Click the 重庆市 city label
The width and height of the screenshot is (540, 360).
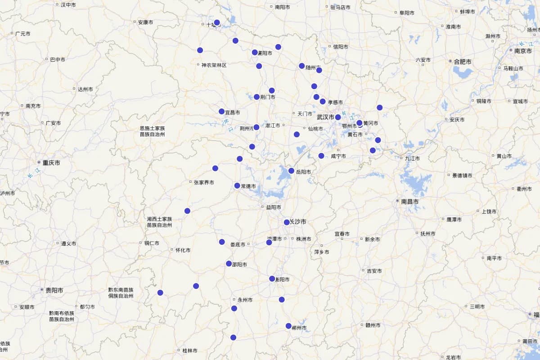tap(51, 162)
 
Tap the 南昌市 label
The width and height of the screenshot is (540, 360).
tap(409, 202)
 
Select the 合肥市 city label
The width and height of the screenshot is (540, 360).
tap(462, 61)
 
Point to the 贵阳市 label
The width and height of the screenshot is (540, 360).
tap(54, 290)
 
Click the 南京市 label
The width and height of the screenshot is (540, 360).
tap(523, 51)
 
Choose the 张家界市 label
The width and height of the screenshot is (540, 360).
tap(203, 182)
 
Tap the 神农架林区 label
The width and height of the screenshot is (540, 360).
tap(214, 65)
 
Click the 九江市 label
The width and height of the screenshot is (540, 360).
tap(412, 158)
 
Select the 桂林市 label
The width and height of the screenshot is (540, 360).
tap(189, 351)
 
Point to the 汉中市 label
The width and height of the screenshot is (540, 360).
tap(68, 4)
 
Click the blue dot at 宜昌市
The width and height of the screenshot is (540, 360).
tap(221, 112)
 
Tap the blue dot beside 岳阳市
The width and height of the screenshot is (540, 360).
tap(291, 171)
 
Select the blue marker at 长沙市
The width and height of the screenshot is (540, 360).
tap(287, 222)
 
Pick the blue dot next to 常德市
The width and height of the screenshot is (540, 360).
tap(237, 185)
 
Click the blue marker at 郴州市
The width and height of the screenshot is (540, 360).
tap(288, 326)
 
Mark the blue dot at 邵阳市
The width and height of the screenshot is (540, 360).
tap(229, 264)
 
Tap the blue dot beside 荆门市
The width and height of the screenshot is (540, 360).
tap(256, 97)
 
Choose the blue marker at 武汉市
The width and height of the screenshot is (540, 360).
tap(338, 117)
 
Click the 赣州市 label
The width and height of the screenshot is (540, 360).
tap(373, 325)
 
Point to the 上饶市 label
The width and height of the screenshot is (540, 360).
tap(489, 211)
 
